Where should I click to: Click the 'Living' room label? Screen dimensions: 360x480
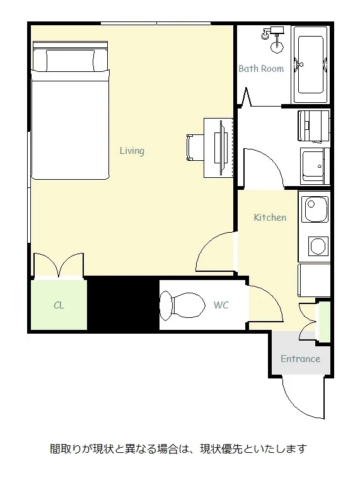click(x=132, y=151)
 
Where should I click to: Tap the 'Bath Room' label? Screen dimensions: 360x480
click(x=261, y=68)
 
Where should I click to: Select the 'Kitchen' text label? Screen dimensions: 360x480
click(x=270, y=218)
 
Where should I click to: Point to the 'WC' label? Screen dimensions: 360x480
click(x=221, y=305)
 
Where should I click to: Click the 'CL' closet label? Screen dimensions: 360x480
click(x=59, y=305)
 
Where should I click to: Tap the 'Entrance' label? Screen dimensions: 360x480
click(x=300, y=358)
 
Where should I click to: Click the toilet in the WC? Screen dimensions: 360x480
click(x=182, y=306)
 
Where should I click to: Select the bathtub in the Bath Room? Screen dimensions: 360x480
click(x=311, y=65)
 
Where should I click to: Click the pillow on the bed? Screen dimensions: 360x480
click(x=70, y=61)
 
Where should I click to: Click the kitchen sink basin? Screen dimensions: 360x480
click(x=315, y=209)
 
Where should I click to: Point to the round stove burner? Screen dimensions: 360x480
click(x=318, y=246)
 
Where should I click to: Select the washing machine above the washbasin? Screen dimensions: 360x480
click(x=313, y=126)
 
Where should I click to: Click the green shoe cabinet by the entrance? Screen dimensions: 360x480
click(x=324, y=322)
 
